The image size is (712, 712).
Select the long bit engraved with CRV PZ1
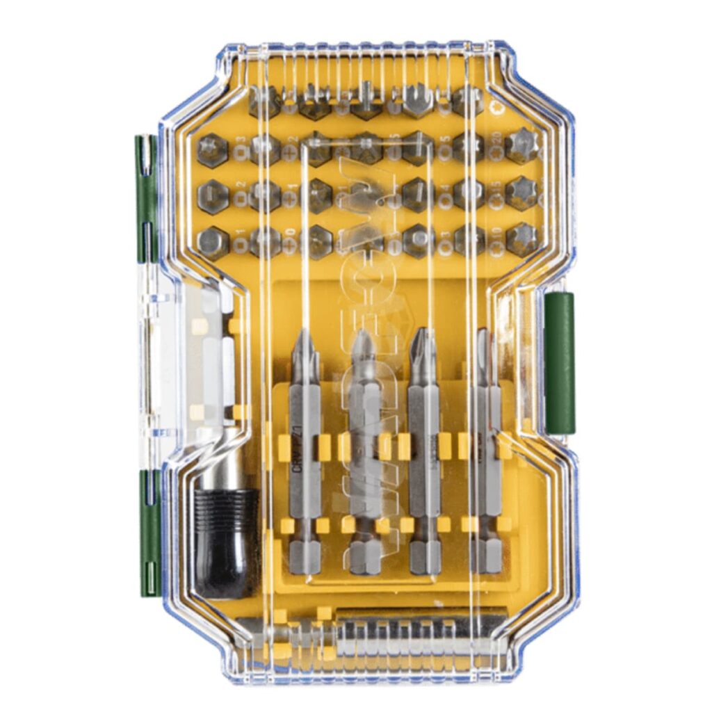[305, 452]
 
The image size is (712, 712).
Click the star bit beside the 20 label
[521, 145]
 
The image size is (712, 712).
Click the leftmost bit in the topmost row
[264, 101]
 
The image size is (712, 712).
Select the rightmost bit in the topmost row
[467, 101]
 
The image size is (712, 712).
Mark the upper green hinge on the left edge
[146, 198]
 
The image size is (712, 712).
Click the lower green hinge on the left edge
[149, 532]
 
